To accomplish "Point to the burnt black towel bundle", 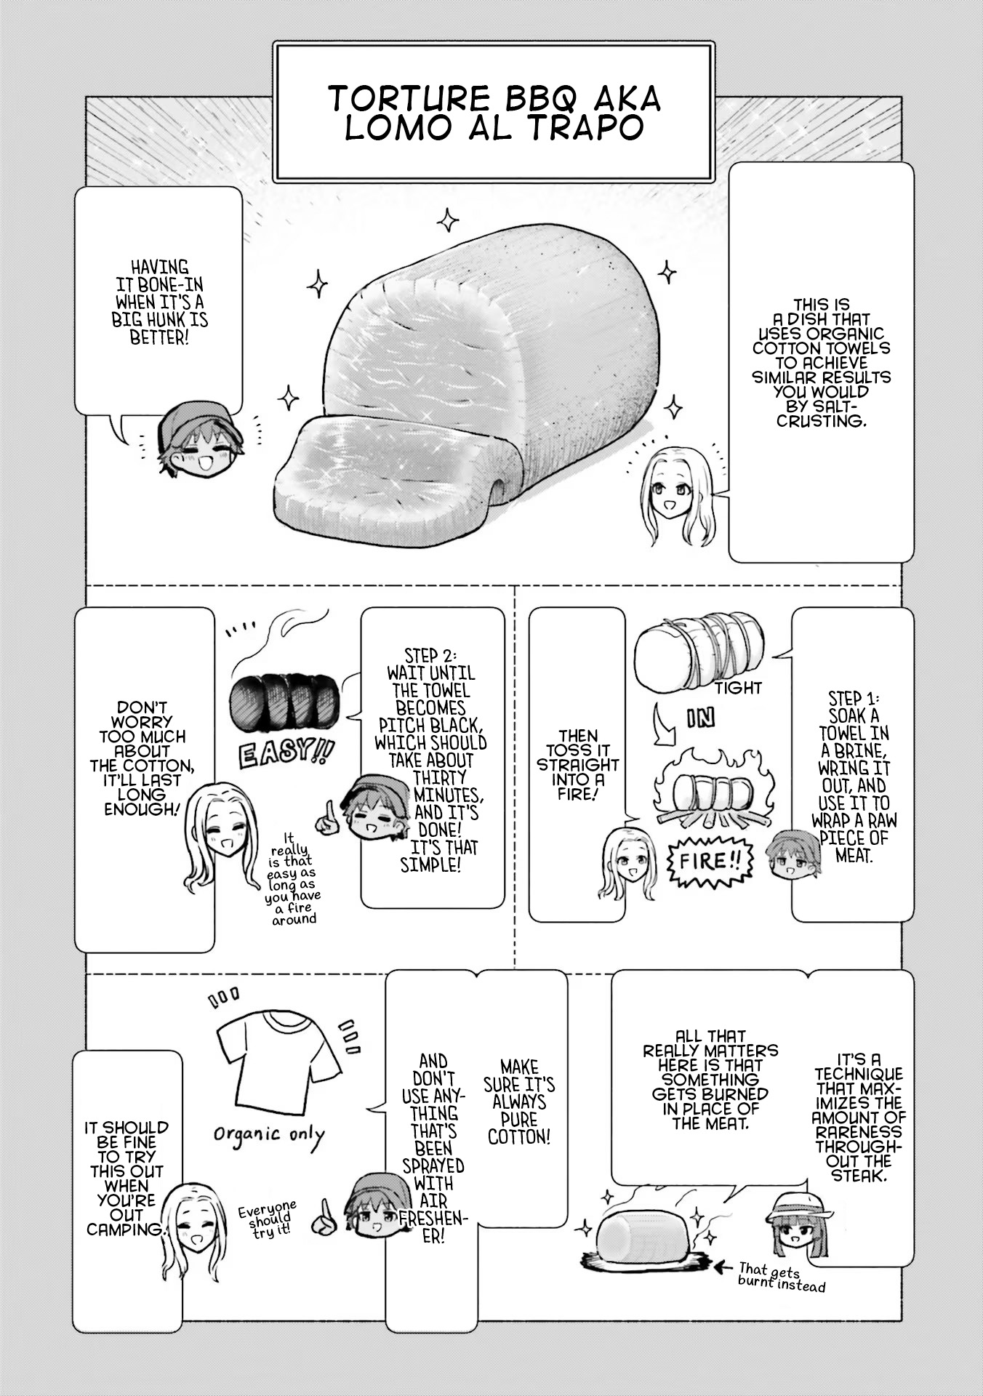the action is [283, 702].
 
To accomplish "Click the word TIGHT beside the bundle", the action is [738, 688].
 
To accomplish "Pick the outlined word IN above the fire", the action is [701, 718].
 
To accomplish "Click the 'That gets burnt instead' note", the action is [781, 1277].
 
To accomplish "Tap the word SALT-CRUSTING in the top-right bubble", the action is [822, 413].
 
